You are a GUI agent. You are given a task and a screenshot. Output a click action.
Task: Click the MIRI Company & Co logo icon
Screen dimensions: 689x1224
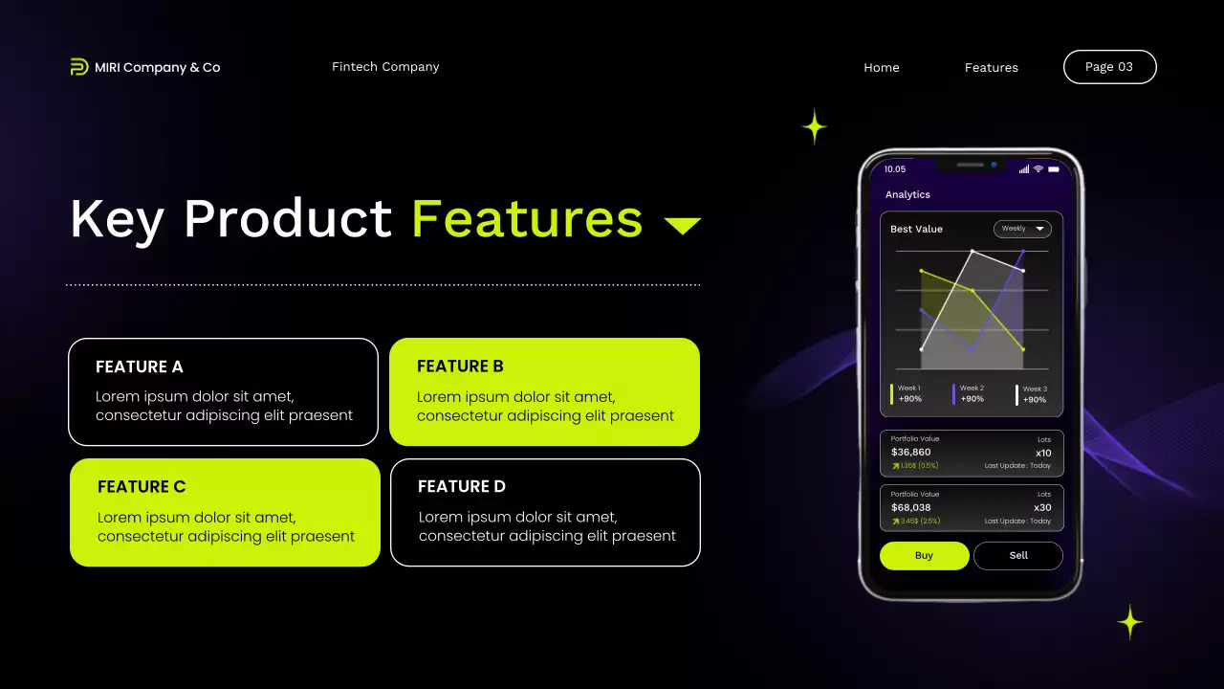click(79, 67)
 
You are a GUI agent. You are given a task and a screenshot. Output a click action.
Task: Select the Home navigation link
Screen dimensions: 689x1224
click(881, 68)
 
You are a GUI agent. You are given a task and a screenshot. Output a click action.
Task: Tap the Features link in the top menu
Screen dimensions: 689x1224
click(991, 68)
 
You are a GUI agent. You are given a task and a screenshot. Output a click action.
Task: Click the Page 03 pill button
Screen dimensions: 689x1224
click(1109, 67)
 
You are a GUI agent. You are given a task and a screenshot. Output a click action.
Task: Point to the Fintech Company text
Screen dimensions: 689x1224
click(385, 67)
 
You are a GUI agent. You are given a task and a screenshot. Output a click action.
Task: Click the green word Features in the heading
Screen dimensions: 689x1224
click(527, 218)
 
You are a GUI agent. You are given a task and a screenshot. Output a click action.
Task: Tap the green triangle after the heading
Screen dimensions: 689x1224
click(683, 226)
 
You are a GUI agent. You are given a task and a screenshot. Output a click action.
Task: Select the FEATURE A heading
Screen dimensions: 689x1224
click(140, 367)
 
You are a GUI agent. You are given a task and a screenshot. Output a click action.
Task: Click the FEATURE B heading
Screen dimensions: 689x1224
click(460, 367)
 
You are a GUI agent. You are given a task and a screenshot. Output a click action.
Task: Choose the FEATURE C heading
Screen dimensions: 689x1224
click(142, 486)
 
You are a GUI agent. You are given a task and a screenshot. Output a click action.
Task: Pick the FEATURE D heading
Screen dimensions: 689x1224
click(462, 486)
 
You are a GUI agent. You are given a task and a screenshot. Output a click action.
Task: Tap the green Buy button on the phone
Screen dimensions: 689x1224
click(924, 556)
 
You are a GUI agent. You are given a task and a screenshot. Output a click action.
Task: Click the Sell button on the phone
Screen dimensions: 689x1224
click(1018, 556)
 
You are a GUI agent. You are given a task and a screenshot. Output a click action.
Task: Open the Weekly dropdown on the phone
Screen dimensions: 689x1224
click(1022, 229)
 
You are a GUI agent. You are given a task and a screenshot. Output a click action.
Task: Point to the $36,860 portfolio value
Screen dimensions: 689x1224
click(910, 453)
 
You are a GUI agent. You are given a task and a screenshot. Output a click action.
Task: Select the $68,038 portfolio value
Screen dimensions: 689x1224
click(910, 508)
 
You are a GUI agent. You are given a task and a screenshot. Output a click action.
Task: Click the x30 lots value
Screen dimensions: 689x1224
click(1042, 508)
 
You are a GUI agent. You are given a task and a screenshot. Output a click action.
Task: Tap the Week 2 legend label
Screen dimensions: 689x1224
click(972, 389)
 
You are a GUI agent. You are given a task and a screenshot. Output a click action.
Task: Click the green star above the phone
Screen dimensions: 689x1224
click(814, 126)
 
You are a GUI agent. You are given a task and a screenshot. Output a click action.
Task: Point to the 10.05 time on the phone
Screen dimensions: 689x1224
click(895, 169)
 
